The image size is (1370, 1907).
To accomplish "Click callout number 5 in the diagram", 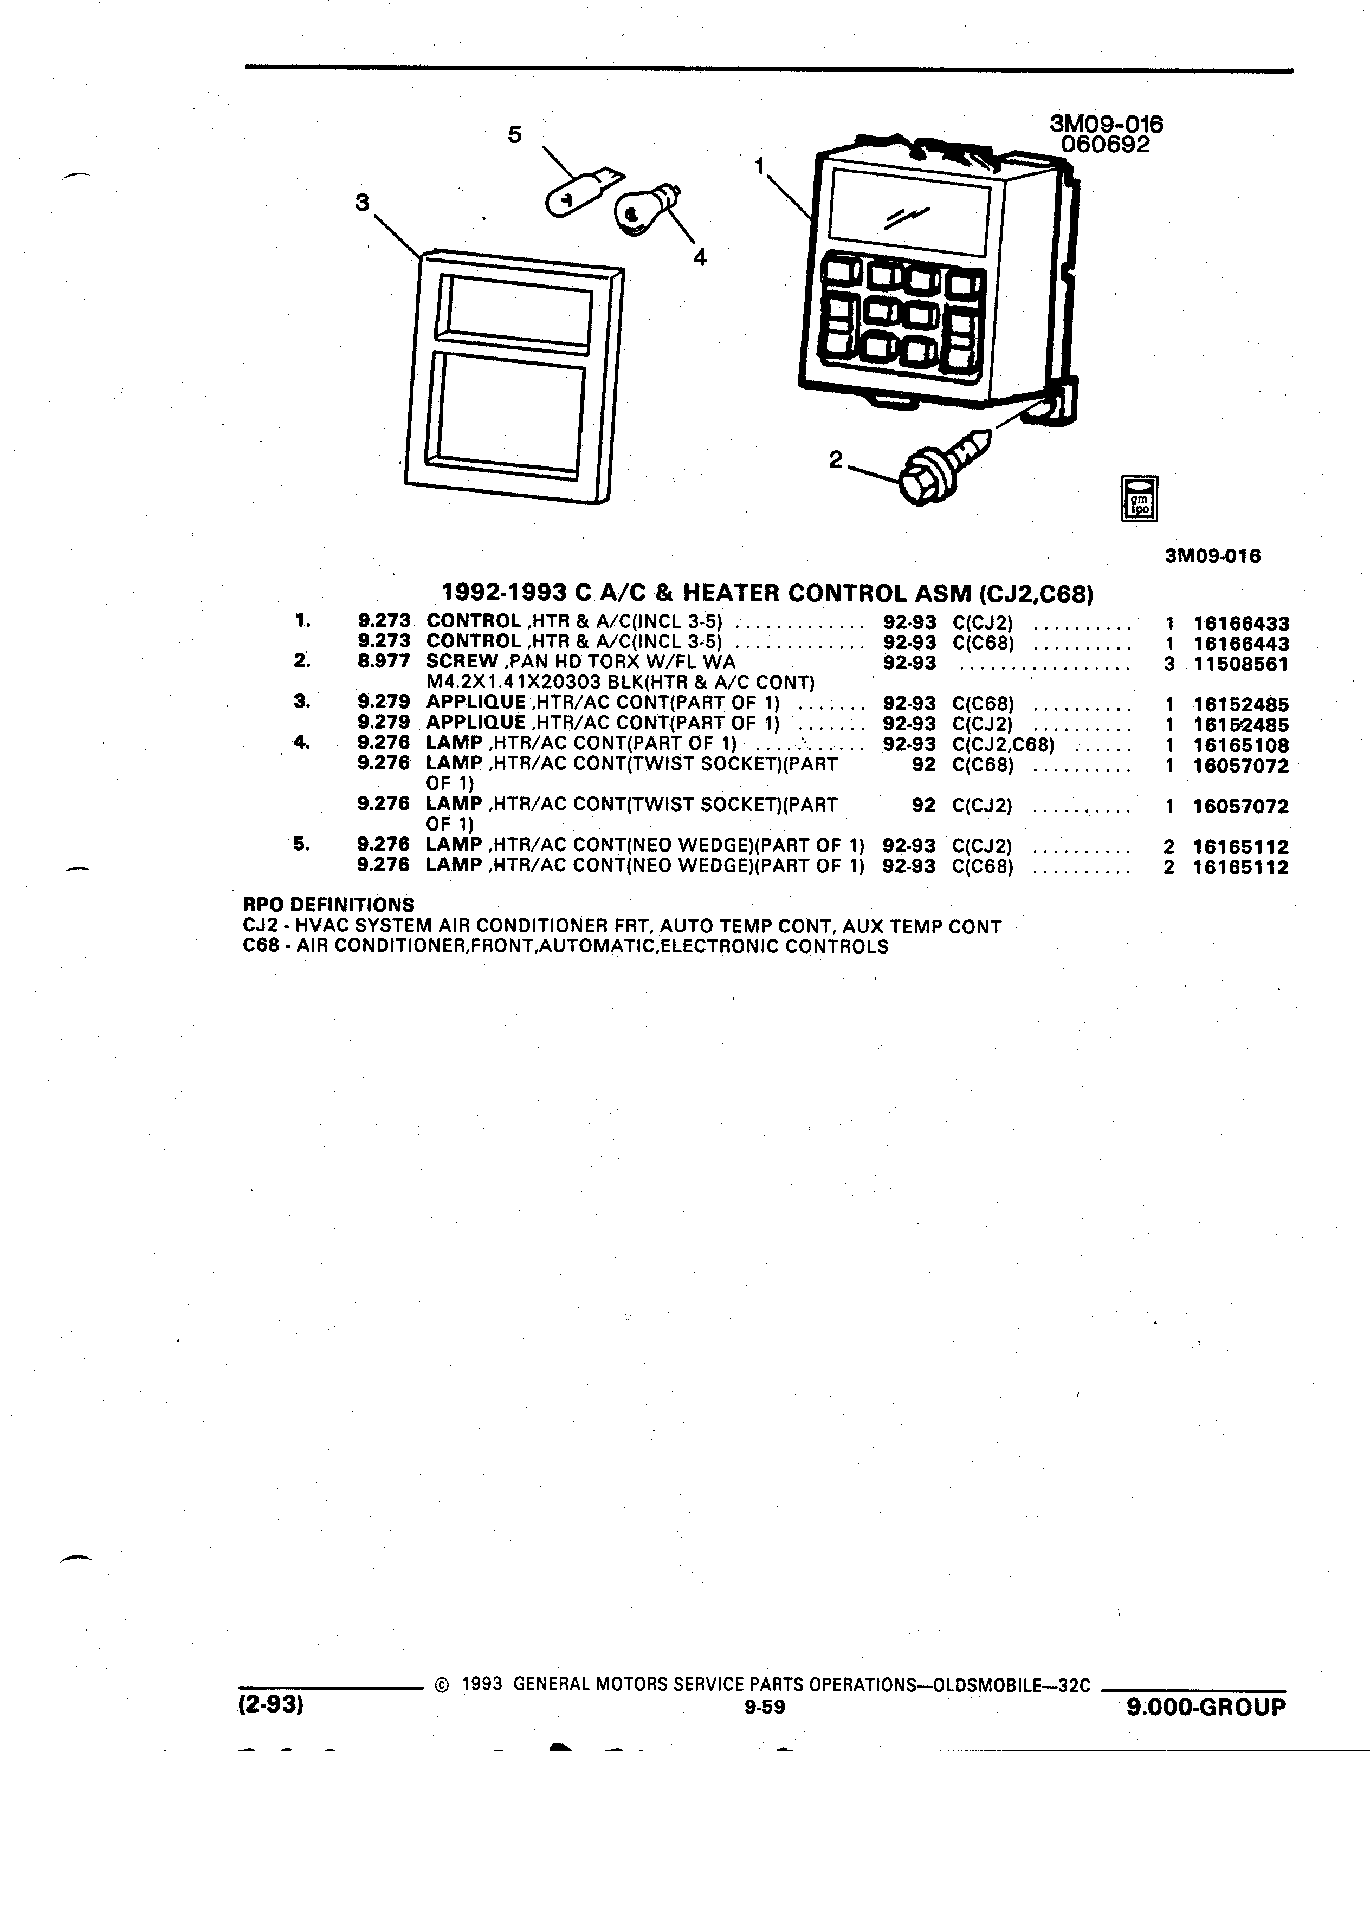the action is point(515,134).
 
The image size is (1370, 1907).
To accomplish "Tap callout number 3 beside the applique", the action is point(363,203).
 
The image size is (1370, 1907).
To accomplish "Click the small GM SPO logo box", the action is point(1140,498).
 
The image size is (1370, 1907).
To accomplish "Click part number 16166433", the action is point(1240,624).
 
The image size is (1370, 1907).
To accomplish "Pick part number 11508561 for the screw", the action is point(1240,664).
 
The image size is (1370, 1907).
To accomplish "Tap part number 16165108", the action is point(1240,745).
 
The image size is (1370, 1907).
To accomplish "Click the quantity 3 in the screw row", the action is point(1169,664).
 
